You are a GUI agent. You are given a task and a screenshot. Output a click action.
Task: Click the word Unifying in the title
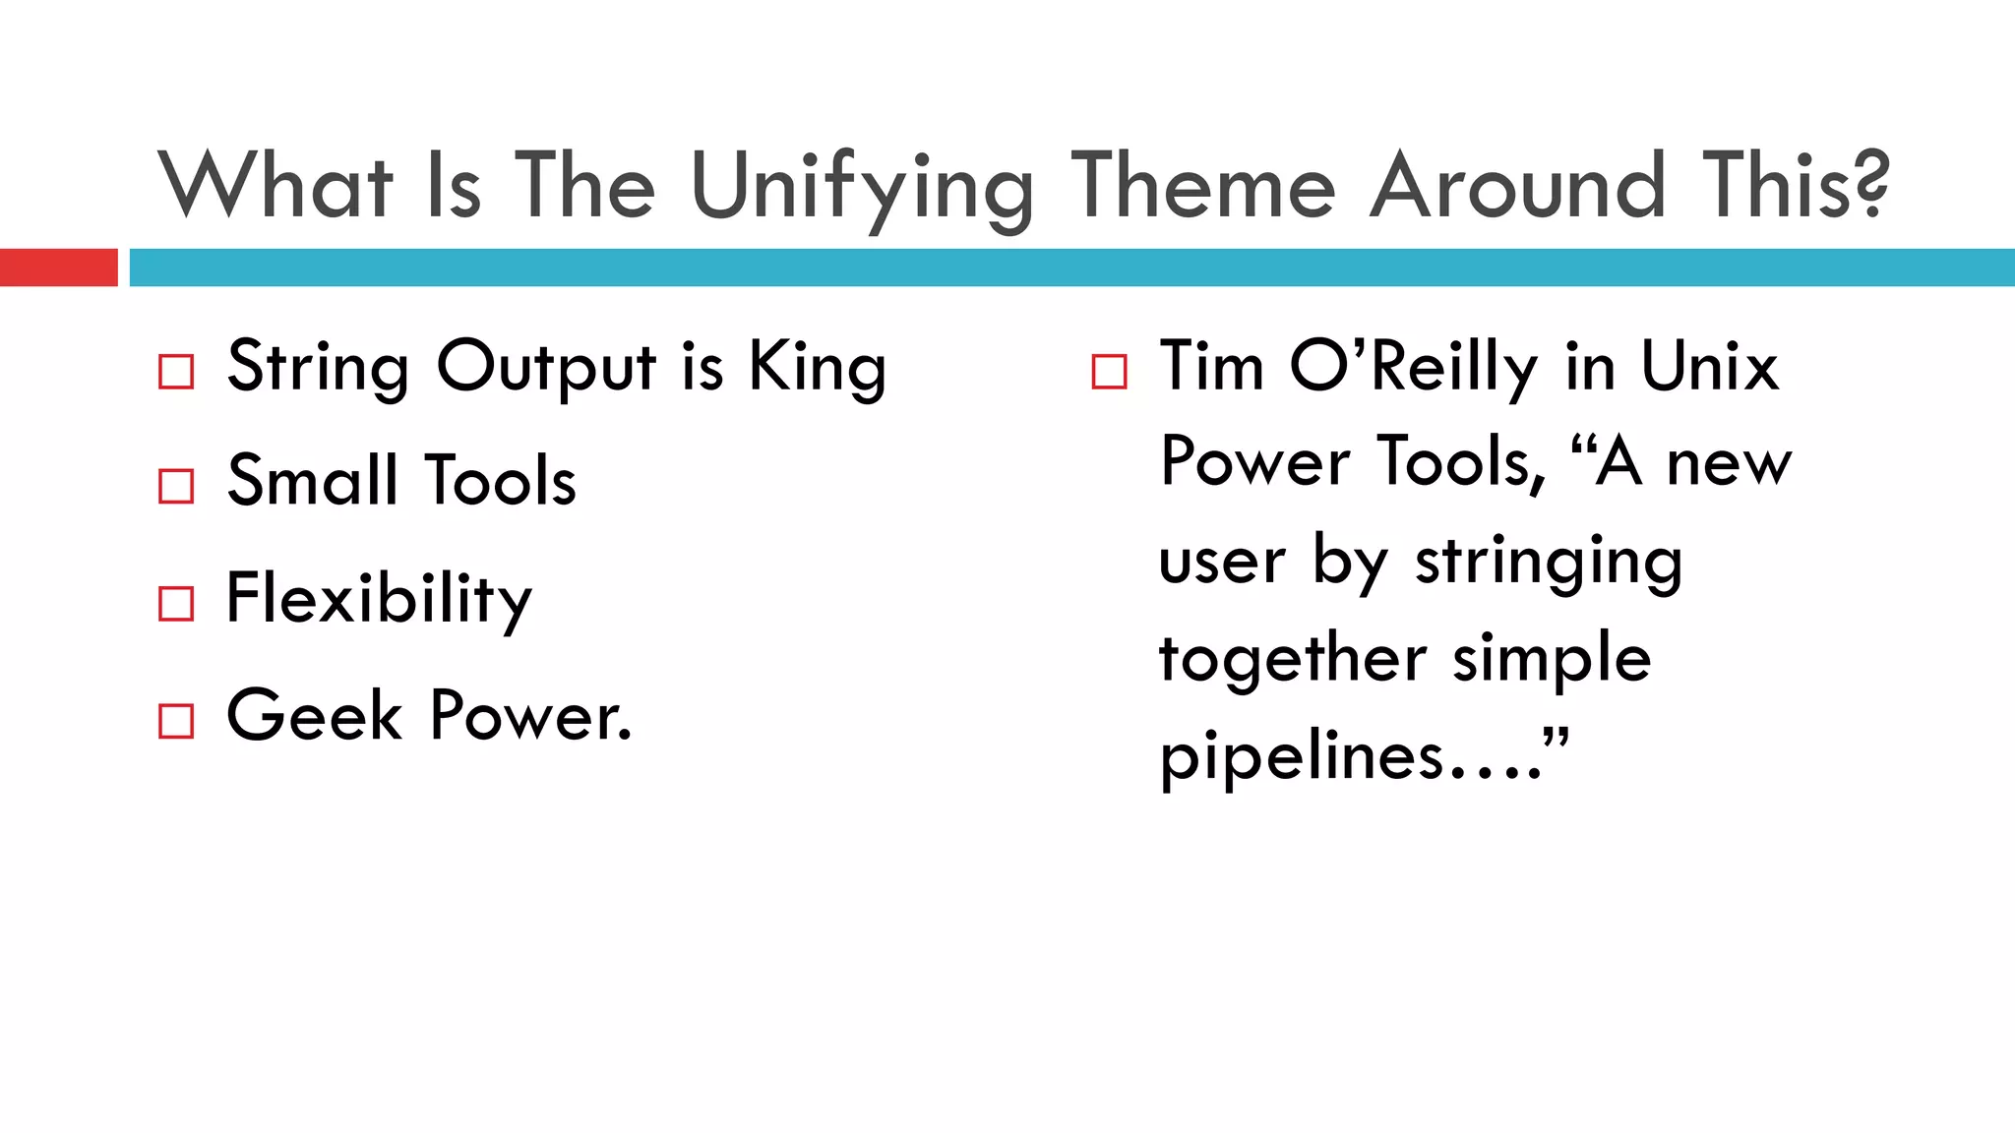click(862, 187)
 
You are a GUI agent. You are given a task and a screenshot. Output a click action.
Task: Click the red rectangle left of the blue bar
click(58, 268)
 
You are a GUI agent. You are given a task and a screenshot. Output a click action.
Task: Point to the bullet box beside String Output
click(176, 372)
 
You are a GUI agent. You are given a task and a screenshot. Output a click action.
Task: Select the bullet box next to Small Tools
click(176, 486)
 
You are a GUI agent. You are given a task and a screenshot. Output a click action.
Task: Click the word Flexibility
click(379, 599)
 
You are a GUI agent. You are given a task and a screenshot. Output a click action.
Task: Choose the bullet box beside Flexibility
click(176, 603)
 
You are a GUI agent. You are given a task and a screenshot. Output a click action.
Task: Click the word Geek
click(314, 715)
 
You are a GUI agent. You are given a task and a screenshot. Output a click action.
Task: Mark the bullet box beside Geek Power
click(176, 721)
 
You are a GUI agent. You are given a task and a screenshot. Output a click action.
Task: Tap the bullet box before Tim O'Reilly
click(1109, 372)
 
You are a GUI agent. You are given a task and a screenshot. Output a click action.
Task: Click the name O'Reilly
click(1414, 367)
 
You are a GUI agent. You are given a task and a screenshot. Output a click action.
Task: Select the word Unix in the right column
click(1709, 367)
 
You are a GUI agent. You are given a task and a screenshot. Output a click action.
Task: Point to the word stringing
click(1549, 563)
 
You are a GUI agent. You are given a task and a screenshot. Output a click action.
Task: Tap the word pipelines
click(1301, 757)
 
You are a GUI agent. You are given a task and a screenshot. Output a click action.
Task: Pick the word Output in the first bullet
click(546, 368)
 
